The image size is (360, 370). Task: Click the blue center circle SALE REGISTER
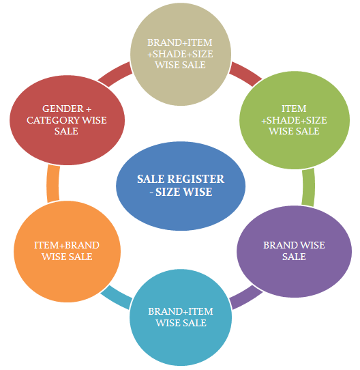181,186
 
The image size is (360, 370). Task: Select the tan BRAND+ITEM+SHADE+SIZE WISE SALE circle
181,54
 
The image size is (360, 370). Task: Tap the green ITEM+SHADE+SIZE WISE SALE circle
295,120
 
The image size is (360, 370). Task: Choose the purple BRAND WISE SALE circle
295,251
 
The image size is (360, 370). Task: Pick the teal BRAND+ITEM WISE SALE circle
181,317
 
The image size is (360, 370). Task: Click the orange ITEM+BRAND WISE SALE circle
67,251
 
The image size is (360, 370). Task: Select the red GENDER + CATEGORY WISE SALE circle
67,120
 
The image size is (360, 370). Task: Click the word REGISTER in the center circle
196,179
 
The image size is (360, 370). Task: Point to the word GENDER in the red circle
63,109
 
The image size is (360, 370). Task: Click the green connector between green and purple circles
308,187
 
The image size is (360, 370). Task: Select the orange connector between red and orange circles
53,184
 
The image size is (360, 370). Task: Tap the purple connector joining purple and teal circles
246,298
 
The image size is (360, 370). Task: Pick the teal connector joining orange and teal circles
116,298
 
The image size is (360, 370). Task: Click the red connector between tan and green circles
245,74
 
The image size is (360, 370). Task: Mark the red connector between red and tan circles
115,74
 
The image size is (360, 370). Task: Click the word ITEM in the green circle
295,109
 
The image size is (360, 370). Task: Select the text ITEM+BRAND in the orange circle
67,245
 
